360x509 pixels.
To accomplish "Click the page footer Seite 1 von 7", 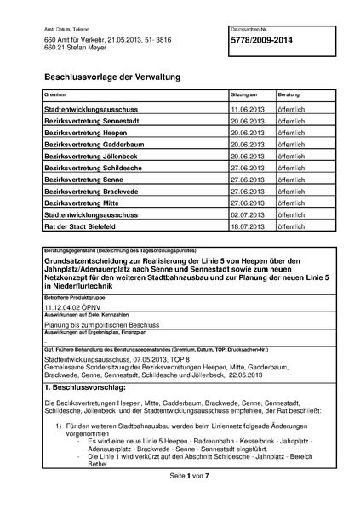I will pos(180,498).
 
